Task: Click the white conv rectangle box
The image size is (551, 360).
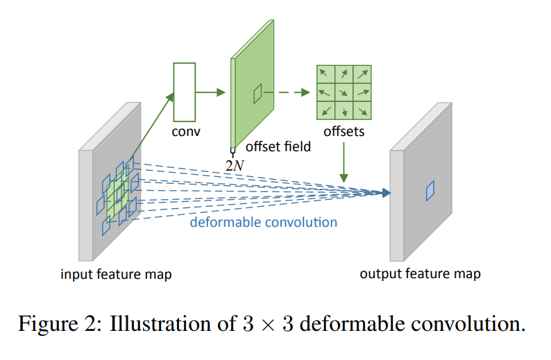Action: click(184, 92)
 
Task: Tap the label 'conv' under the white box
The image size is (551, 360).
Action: click(185, 131)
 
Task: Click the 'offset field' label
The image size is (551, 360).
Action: click(278, 147)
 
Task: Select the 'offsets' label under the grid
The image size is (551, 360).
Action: click(344, 131)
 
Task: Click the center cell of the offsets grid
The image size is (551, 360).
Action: click(344, 92)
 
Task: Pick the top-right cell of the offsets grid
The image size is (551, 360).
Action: click(362, 74)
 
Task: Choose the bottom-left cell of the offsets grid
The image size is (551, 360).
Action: click(325, 110)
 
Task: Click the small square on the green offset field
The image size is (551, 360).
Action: click(257, 93)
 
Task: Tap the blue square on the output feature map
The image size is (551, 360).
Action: click(430, 189)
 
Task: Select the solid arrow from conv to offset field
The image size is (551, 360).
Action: click(212, 92)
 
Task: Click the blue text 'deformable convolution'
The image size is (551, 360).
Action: click(264, 222)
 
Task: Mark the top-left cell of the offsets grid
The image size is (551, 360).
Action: click(325, 74)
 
